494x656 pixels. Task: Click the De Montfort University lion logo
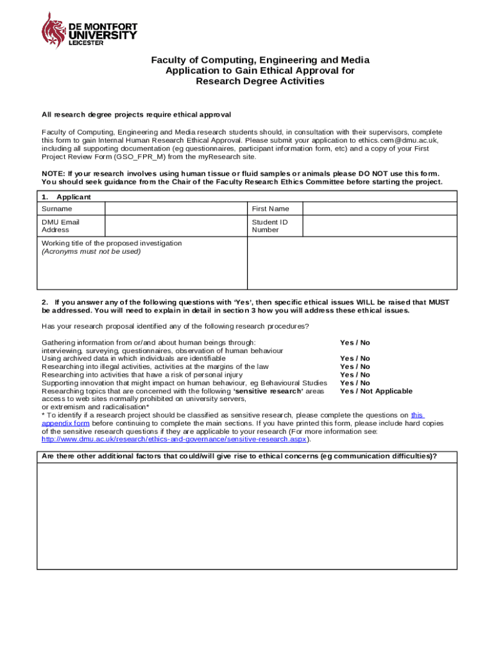53,29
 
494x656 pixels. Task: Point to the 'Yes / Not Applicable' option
376,391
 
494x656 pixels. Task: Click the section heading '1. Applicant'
66,197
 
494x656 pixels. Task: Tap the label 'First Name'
270,209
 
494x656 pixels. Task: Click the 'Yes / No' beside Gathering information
355,343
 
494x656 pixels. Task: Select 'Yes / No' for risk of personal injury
355,375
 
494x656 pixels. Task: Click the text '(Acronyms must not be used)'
91,252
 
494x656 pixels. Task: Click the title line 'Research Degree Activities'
260,82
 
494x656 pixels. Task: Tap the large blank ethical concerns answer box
246,515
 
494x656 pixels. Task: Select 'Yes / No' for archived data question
355,359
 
